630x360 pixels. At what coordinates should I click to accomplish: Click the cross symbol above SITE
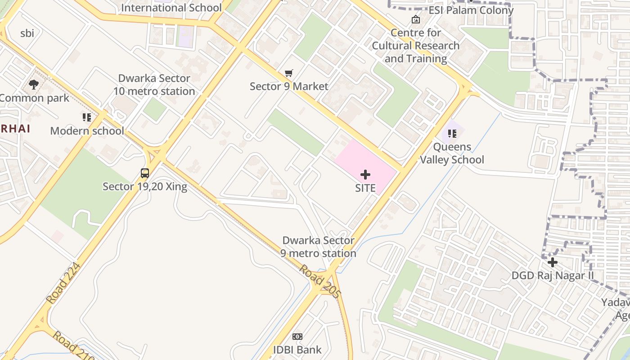click(365, 175)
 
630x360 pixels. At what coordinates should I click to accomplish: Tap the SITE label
click(365, 188)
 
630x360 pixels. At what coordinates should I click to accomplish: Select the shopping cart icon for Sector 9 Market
click(289, 73)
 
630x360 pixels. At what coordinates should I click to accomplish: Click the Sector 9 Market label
click(289, 86)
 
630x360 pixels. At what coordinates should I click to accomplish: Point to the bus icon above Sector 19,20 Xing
click(145, 173)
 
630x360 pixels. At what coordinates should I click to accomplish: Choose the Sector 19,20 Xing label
click(145, 186)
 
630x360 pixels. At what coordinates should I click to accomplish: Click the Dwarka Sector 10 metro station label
click(154, 85)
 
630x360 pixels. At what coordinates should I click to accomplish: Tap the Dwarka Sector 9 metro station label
click(318, 247)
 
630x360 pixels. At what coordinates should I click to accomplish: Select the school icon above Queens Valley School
click(452, 134)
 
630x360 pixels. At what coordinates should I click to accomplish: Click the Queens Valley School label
click(452, 153)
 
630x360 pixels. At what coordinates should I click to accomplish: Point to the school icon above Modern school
click(87, 118)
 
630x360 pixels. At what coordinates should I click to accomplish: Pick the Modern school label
click(87, 131)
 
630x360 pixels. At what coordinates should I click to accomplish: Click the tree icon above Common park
click(34, 85)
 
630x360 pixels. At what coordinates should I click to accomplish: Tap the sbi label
click(27, 33)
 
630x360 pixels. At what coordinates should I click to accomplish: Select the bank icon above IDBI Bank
click(297, 337)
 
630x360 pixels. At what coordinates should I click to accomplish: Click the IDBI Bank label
click(297, 350)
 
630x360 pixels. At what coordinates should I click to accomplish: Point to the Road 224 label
click(63, 283)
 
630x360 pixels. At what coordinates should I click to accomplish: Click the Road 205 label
click(320, 281)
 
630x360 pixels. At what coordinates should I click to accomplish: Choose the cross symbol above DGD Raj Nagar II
click(553, 262)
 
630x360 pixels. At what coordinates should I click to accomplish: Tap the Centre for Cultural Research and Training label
click(415, 45)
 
